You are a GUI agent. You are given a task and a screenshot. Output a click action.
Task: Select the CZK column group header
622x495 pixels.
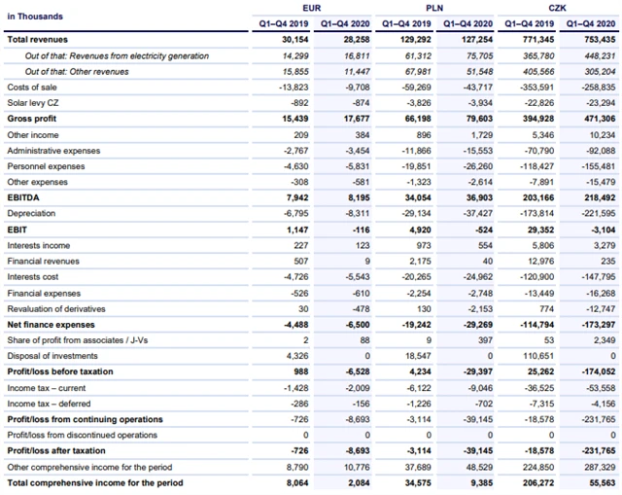(556, 8)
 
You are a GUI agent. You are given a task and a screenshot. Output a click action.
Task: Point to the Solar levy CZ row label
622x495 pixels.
(31, 103)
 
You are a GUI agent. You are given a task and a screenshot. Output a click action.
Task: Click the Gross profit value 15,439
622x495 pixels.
(294, 119)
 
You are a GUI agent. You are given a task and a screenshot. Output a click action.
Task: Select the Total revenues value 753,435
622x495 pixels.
(599, 40)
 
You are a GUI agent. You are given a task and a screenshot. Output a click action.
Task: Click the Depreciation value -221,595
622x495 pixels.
(597, 213)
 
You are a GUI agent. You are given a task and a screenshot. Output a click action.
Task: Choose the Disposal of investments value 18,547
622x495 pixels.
(416, 356)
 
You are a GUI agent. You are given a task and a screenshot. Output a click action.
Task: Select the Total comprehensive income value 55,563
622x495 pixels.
(601, 482)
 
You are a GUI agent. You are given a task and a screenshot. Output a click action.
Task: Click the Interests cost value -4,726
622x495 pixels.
(294, 276)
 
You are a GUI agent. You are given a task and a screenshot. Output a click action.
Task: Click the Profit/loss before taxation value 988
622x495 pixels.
(298, 371)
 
